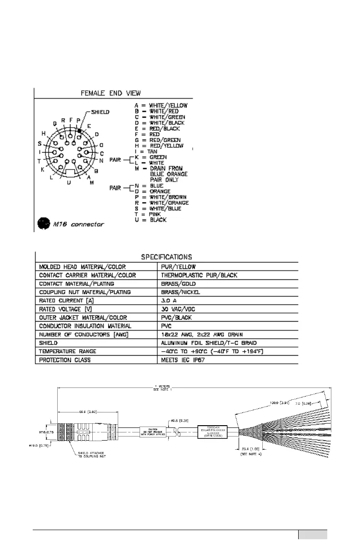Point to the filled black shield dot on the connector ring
click(x=80, y=130)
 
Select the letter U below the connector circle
click(x=69, y=183)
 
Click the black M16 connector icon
click(x=42, y=223)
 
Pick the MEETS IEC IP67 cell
click(x=182, y=360)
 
